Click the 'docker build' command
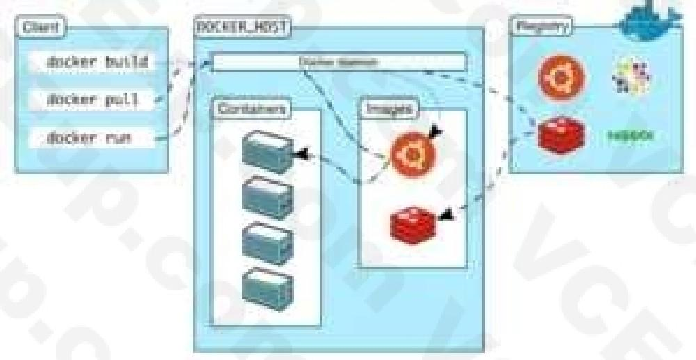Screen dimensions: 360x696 (x=97, y=61)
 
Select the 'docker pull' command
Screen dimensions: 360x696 (x=92, y=100)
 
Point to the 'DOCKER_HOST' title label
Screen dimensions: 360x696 (x=241, y=29)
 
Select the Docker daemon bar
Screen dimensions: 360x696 (x=339, y=62)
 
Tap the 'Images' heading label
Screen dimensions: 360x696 (x=388, y=109)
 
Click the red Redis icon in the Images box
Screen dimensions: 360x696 (x=412, y=223)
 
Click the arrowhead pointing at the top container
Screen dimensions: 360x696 (x=302, y=152)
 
